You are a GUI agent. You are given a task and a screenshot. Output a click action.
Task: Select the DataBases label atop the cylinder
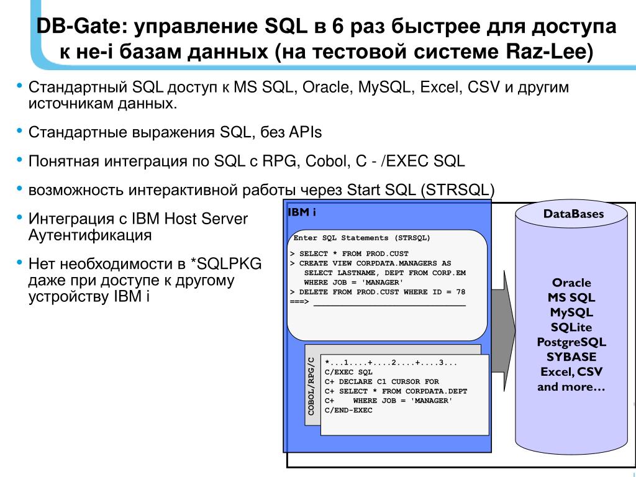coord(573,214)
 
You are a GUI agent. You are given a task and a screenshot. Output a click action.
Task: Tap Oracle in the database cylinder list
coord(571,283)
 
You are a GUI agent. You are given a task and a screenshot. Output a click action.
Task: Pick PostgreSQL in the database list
coord(571,342)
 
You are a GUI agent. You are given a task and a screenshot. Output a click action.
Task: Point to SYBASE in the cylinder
coord(571,357)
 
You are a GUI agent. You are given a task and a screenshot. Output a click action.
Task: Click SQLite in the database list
coord(571,327)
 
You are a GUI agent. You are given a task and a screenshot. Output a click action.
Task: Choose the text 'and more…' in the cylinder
coord(571,387)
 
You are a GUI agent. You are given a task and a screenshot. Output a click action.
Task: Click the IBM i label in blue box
coord(302,212)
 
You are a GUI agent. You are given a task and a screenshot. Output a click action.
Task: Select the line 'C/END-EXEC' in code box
coord(348,411)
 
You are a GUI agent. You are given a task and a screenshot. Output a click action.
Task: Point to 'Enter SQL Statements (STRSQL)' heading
coord(361,238)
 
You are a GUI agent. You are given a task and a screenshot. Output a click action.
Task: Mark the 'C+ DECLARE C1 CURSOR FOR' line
coord(381,382)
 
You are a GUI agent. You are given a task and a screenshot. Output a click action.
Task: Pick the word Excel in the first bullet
coord(438,88)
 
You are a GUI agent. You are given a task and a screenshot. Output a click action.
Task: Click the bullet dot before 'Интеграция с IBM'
coord(19,217)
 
